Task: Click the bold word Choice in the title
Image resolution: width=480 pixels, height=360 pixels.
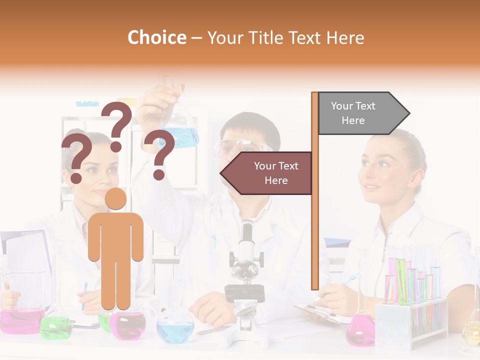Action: tap(156, 37)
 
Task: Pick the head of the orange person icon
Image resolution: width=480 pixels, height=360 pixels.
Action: tap(115, 198)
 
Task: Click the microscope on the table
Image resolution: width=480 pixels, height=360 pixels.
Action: tap(245, 280)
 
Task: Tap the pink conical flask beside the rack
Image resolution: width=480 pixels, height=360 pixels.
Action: tap(360, 330)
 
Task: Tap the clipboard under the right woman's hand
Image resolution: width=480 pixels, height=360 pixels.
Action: tap(320, 312)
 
